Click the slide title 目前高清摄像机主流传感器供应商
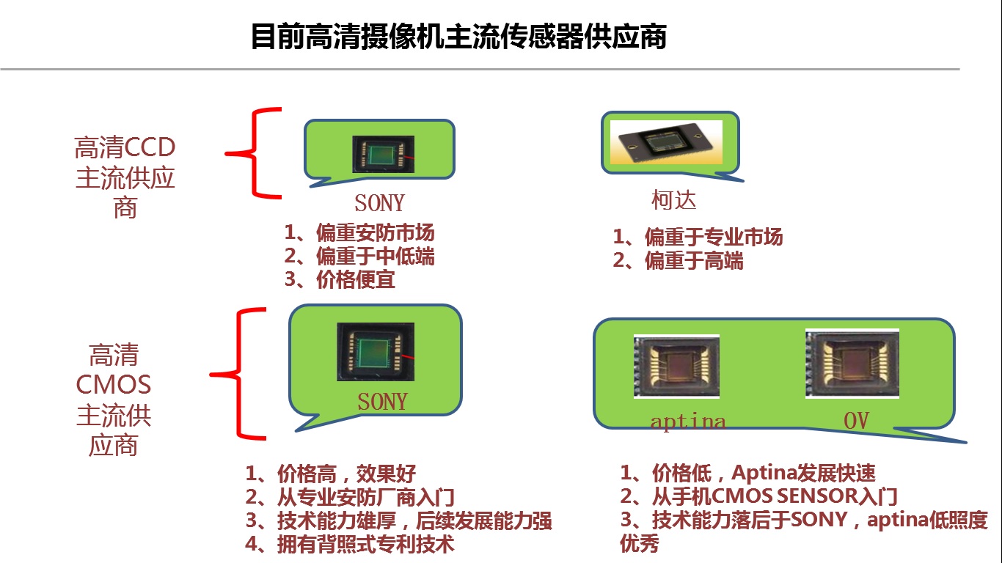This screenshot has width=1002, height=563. click(458, 36)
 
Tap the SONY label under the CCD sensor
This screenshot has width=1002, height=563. click(379, 203)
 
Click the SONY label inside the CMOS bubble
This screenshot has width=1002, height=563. click(382, 401)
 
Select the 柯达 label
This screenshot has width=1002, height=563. click(673, 200)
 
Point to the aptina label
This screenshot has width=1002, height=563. click(687, 422)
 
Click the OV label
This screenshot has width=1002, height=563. click(856, 420)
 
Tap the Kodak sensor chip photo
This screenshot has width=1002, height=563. click(666, 141)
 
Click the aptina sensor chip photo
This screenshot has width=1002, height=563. click(676, 367)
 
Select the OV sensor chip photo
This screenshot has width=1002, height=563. click(852, 364)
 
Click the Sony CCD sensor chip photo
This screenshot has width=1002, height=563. click(384, 154)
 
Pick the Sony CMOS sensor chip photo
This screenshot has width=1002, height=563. click(376, 352)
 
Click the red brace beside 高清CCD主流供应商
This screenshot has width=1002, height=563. click(253, 152)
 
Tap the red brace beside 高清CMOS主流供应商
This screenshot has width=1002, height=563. click(238, 374)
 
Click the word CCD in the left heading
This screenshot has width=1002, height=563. click(150, 147)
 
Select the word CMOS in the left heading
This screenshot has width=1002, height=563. click(114, 385)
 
